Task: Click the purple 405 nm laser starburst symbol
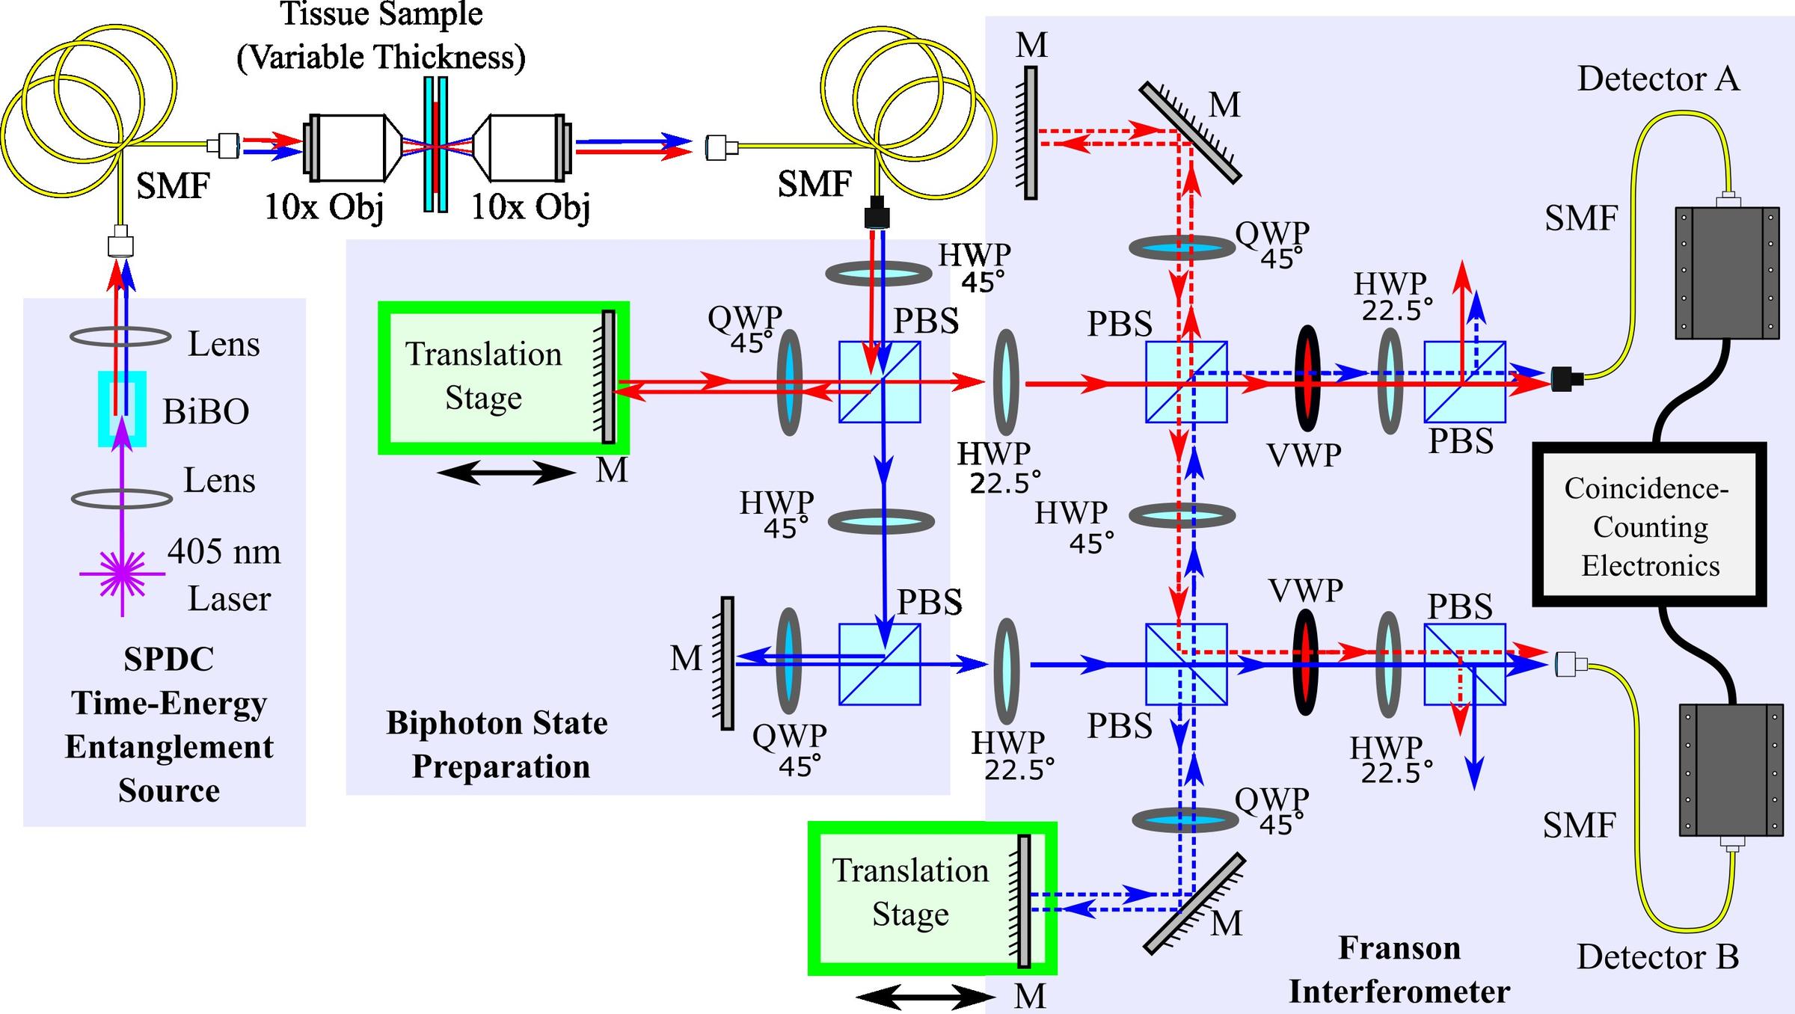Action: pos(122,574)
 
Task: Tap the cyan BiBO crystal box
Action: pos(122,409)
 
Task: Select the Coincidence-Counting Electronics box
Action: pos(1649,525)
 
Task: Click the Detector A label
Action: pos(1657,79)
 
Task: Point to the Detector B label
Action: pos(1657,957)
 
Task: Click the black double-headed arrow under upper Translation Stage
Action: pos(506,473)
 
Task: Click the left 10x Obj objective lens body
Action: pos(348,147)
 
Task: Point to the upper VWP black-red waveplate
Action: pos(1307,378)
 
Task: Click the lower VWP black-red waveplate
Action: pos(1305,663)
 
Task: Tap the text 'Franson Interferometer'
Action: pos(1399,970)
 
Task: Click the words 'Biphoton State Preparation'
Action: pos(498,745)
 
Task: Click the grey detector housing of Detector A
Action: pos(1726,273)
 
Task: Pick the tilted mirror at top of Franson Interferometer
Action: pos(1190,133)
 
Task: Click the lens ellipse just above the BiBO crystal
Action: pos(120,337)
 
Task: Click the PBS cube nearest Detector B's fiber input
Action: pos(1464,665)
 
